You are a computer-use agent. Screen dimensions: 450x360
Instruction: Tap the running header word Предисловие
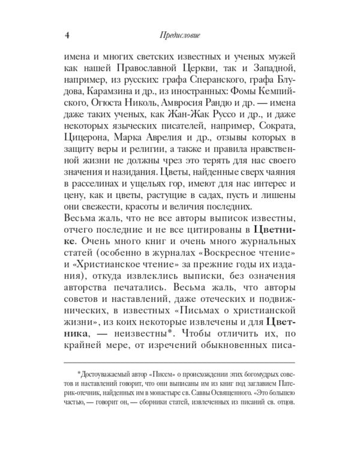[179, 34]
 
